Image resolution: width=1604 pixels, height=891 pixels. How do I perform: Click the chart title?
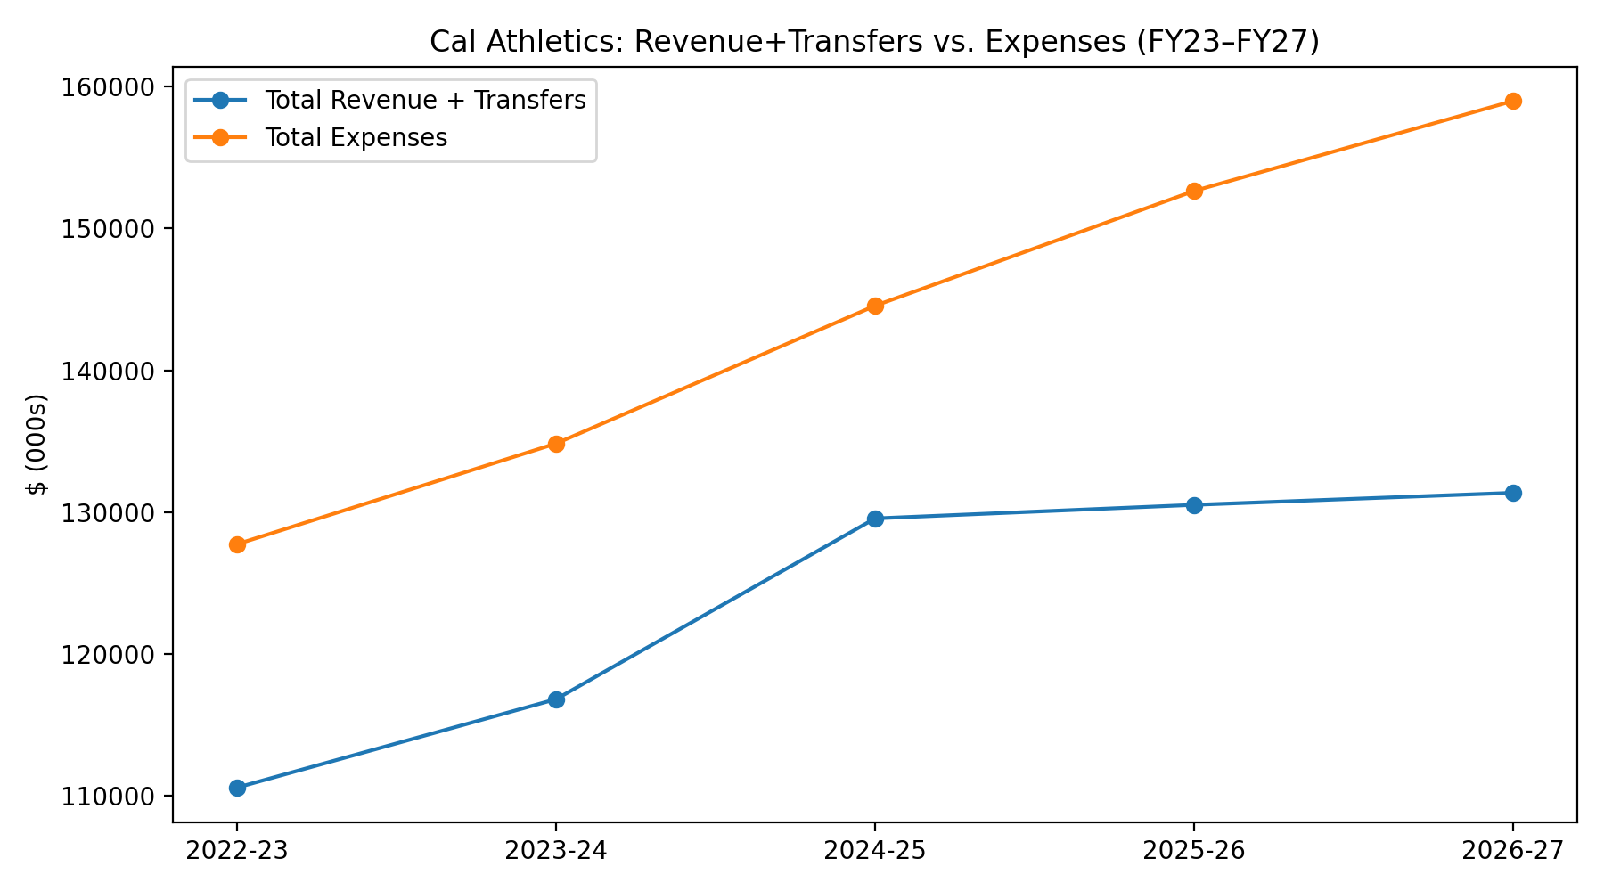pyautogui.click(x=873, y=42)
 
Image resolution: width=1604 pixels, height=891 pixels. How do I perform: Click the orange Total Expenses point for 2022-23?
pyautogui.click(x=237, y=544)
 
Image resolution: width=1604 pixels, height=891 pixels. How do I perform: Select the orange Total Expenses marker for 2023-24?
pyautogui.click(x=556, y=444)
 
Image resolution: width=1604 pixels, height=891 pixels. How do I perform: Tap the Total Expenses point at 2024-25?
pyautogui.click(x=875, y=306)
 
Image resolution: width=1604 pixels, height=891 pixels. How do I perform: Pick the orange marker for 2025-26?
pyautogui.click(x=1194, y=191)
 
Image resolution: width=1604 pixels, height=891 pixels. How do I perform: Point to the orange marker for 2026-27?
pyautogui.click(x=1513, y=101)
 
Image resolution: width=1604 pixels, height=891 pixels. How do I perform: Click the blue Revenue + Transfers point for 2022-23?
pyautogui.click(x=237, y=788)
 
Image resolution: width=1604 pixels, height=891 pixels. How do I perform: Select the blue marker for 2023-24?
pyautogui.click(x=556, y=699)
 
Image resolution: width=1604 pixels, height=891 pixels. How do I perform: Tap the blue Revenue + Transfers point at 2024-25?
pyautogui.click(x=875, y=519)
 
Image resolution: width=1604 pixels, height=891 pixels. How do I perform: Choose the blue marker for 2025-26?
pyautogui.click(x=1194, y=505)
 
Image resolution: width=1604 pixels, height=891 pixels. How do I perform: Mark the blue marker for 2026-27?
pyautogui.click(x=1513, y=493)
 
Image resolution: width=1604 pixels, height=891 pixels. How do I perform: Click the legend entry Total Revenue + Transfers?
pyautogui.click(x=425, y=100)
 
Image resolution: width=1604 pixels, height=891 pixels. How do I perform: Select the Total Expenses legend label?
pyautogui.click(x=356, y=137)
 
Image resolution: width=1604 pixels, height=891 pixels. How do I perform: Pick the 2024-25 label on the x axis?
pyautogui.click(x=875, y=851)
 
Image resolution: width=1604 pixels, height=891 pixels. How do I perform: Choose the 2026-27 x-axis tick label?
pyautogui.click(x=1513, y=851)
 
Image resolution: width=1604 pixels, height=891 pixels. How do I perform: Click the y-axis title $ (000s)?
pyautogui.click(x=37, y=443)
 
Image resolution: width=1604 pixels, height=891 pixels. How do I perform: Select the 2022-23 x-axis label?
pyautogui.click(x=237, y=851)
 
